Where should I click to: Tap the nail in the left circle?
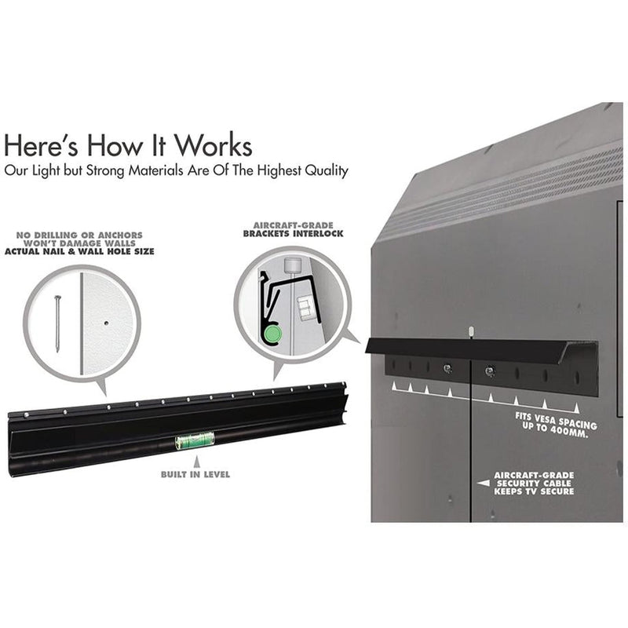tap(57, 323)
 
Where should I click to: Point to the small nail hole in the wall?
tap(106, 323)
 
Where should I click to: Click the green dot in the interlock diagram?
tap(272, 333)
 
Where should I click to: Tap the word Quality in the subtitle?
tap(327, 171)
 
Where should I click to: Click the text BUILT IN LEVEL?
tap(195, 474)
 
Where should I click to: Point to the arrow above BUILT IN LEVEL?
tap(196, 462)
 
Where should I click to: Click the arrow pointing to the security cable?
tap(484, 483)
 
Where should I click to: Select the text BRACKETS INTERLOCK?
tap(293, 233)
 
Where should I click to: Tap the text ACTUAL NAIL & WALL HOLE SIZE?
tap(79, 251)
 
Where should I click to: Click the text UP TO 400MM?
tap(555, 430)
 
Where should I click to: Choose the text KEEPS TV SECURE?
tap(534, 491)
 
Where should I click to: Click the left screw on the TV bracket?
tap(447, 368)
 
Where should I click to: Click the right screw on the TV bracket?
tap(489, 371)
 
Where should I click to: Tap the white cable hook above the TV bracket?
tap(471, 331)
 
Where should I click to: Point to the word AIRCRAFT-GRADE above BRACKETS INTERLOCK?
tap(293, 225)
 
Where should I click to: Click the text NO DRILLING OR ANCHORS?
tap(79, 235)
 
